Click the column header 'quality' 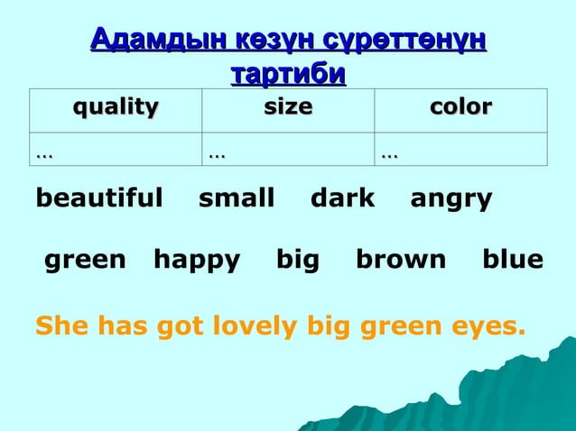click(x=115, y=108)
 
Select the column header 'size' click(x=288, y=108)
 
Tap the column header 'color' click(x=460, y=108)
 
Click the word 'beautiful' click(x=99, y=198)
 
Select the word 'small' click(x=237, y=198)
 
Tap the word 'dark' click(x=342, y=198)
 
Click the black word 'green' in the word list click(x=85, y=261)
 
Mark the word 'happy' click(x=197, y=261)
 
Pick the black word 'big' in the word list click(x=298, y=261)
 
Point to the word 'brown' click(x=401, y=261)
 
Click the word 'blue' click(x=512, y=261)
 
